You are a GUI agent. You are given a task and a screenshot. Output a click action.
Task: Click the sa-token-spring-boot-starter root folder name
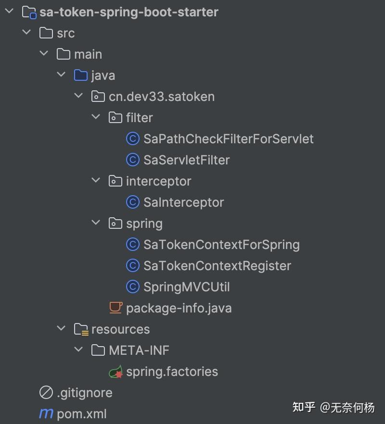(128, 12)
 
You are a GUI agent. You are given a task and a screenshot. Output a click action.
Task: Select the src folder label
(65, 33)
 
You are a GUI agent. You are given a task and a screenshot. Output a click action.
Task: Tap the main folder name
(88, 54)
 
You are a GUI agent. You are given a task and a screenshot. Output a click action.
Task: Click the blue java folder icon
(81, 75)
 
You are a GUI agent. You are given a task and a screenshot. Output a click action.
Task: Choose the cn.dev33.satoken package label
(162, 97)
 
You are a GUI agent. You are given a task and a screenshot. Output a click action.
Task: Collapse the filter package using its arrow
(96, 117)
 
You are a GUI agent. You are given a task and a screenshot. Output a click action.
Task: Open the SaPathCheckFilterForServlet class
(228, 139)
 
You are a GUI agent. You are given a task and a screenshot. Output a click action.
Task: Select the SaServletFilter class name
(186, 160)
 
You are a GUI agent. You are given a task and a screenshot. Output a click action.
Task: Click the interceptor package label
(158, 181)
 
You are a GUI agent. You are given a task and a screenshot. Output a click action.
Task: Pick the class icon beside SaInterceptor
(132, 202)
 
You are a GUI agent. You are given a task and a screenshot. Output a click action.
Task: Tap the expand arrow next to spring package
(96, 223)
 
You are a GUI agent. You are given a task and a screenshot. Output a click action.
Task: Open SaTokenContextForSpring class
(221, 245)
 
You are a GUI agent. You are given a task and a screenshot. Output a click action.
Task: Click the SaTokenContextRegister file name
(217, 266)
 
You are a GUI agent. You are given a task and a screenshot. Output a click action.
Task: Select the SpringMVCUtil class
(186, 287)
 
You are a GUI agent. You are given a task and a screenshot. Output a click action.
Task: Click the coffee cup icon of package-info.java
(115, 308)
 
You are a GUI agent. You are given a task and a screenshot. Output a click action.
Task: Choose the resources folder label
(120, 329)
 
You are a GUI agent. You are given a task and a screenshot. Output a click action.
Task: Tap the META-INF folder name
(139, 350)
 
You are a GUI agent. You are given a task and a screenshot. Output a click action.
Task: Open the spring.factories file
(172, 372)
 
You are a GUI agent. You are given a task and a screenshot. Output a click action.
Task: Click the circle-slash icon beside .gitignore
(46, 393)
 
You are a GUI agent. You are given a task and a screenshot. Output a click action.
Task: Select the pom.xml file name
(82, 414)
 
